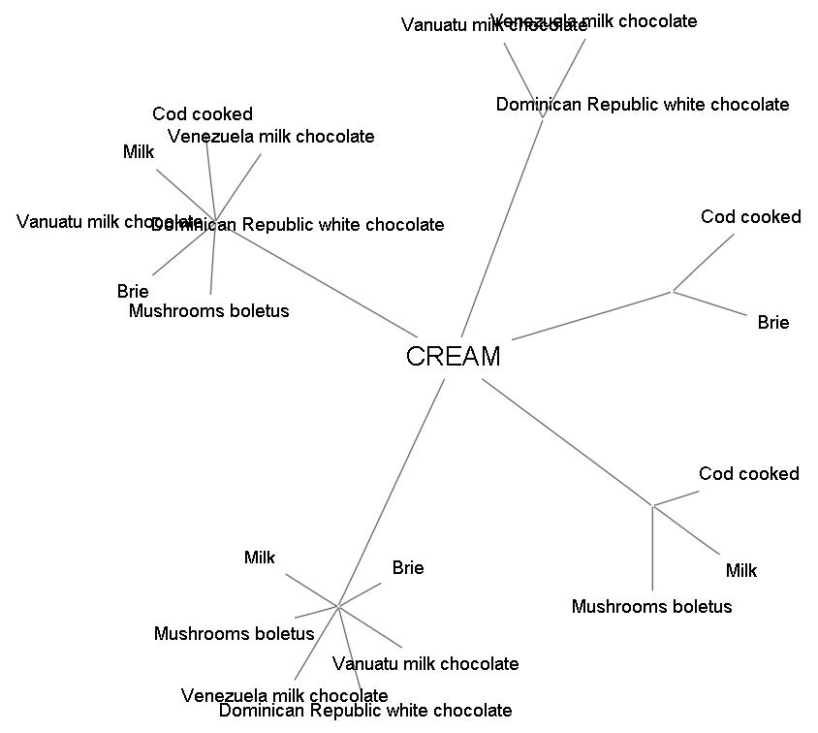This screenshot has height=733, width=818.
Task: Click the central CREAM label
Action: pyautogui.click(x=453, y=357)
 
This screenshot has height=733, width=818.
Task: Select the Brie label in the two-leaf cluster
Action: pyautogui.click(x=773, y=323)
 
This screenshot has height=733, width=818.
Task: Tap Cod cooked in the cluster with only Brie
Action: pyautogui.click(x=750, y=217)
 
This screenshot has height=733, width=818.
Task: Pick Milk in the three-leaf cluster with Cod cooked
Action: pyautogui.click(x=741, y=571)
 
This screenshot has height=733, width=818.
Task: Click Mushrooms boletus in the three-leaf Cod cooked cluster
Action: pyautogui.click(x=651, y=607)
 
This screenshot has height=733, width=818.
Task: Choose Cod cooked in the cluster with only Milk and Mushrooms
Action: pyautogui.click(x=748, y=474)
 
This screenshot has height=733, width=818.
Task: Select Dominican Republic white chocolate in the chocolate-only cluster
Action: pyautogui.click(x=643, y=105)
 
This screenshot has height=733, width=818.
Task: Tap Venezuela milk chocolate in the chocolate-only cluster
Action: pyautogui.click(x=593, y=20)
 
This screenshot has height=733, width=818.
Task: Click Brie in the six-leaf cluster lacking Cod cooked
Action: pyautogui.click(x=408, y=568)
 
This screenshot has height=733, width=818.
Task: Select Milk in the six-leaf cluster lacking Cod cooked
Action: pyautogui.click(x=260, y=558)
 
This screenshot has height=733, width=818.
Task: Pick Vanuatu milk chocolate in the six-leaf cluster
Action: pyautogui.click(x=425, y=664)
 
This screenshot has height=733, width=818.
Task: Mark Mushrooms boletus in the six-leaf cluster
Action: pyautogui.click(x=234, y=634)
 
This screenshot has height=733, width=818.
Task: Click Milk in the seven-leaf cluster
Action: pyautogui.click(x=139, y=152)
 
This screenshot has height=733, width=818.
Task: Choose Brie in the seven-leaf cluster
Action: pyautogui.click(x=133, y=292)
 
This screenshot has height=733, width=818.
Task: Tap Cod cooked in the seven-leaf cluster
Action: pyautogui.click(x=202, y=114)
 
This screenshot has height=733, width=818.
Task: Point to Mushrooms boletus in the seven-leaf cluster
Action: pyautogui.click(x=208, y=311)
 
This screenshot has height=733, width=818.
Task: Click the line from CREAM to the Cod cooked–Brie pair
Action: pyautogui.click(x=591, y=315)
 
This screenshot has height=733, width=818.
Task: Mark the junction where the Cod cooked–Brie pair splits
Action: pyautogui.click(x=673, y=290)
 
